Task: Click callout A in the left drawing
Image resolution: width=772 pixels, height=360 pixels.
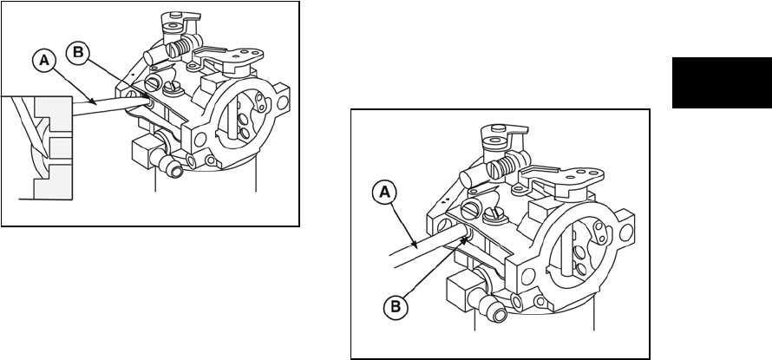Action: (x=42, y=62)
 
